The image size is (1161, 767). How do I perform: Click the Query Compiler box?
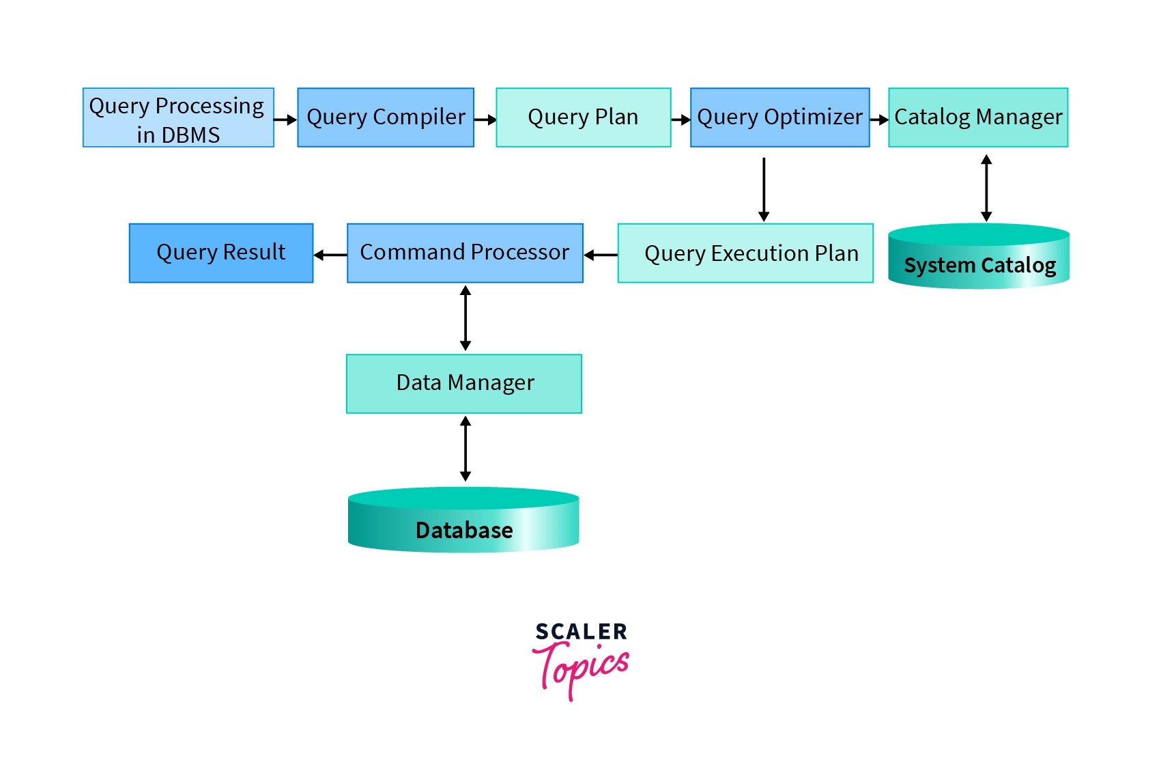click(x=386, y=117)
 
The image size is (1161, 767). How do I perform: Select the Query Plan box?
click(x=583, y=117)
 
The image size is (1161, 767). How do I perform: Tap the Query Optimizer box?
click(x=779, y=117)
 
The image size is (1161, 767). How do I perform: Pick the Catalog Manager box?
click(x=977, y=117)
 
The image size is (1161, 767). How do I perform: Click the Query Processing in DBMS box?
click(x=178, y=117)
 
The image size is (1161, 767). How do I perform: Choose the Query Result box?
click(x=220, y=253)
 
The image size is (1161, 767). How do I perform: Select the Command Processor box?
click(x=465, y=253)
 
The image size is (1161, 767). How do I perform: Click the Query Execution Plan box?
click(x=745, y=253)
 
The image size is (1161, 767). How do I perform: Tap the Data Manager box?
click(x=464, y=383)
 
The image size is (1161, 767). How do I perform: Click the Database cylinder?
click(x=463, y=522)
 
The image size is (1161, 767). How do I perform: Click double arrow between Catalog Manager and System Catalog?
click(x=986, y=188)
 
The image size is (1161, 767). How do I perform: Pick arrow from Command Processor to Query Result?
click(x=330, y=255)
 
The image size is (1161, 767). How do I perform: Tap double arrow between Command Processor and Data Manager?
click(x=465, y=318)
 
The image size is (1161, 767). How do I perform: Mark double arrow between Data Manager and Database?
click(x=465, y=449)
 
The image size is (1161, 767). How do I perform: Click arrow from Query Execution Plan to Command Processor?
click(x=601, y=255)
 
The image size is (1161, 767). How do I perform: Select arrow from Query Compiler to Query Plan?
click(x=485, y=120)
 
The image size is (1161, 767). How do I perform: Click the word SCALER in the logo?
click(x=581, y=632)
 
